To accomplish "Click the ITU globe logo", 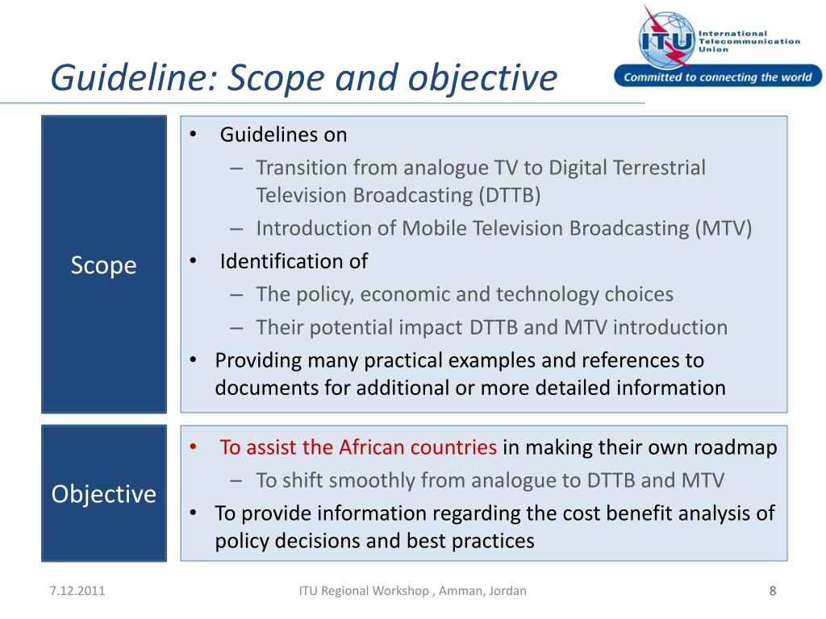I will coord(664,37).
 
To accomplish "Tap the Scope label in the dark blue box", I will coord(103,266).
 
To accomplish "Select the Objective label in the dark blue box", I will coord(103,493).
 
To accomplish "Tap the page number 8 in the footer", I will coord(772,591).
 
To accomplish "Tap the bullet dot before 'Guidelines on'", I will coord(194,135).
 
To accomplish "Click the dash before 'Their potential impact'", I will coord(236,327).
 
